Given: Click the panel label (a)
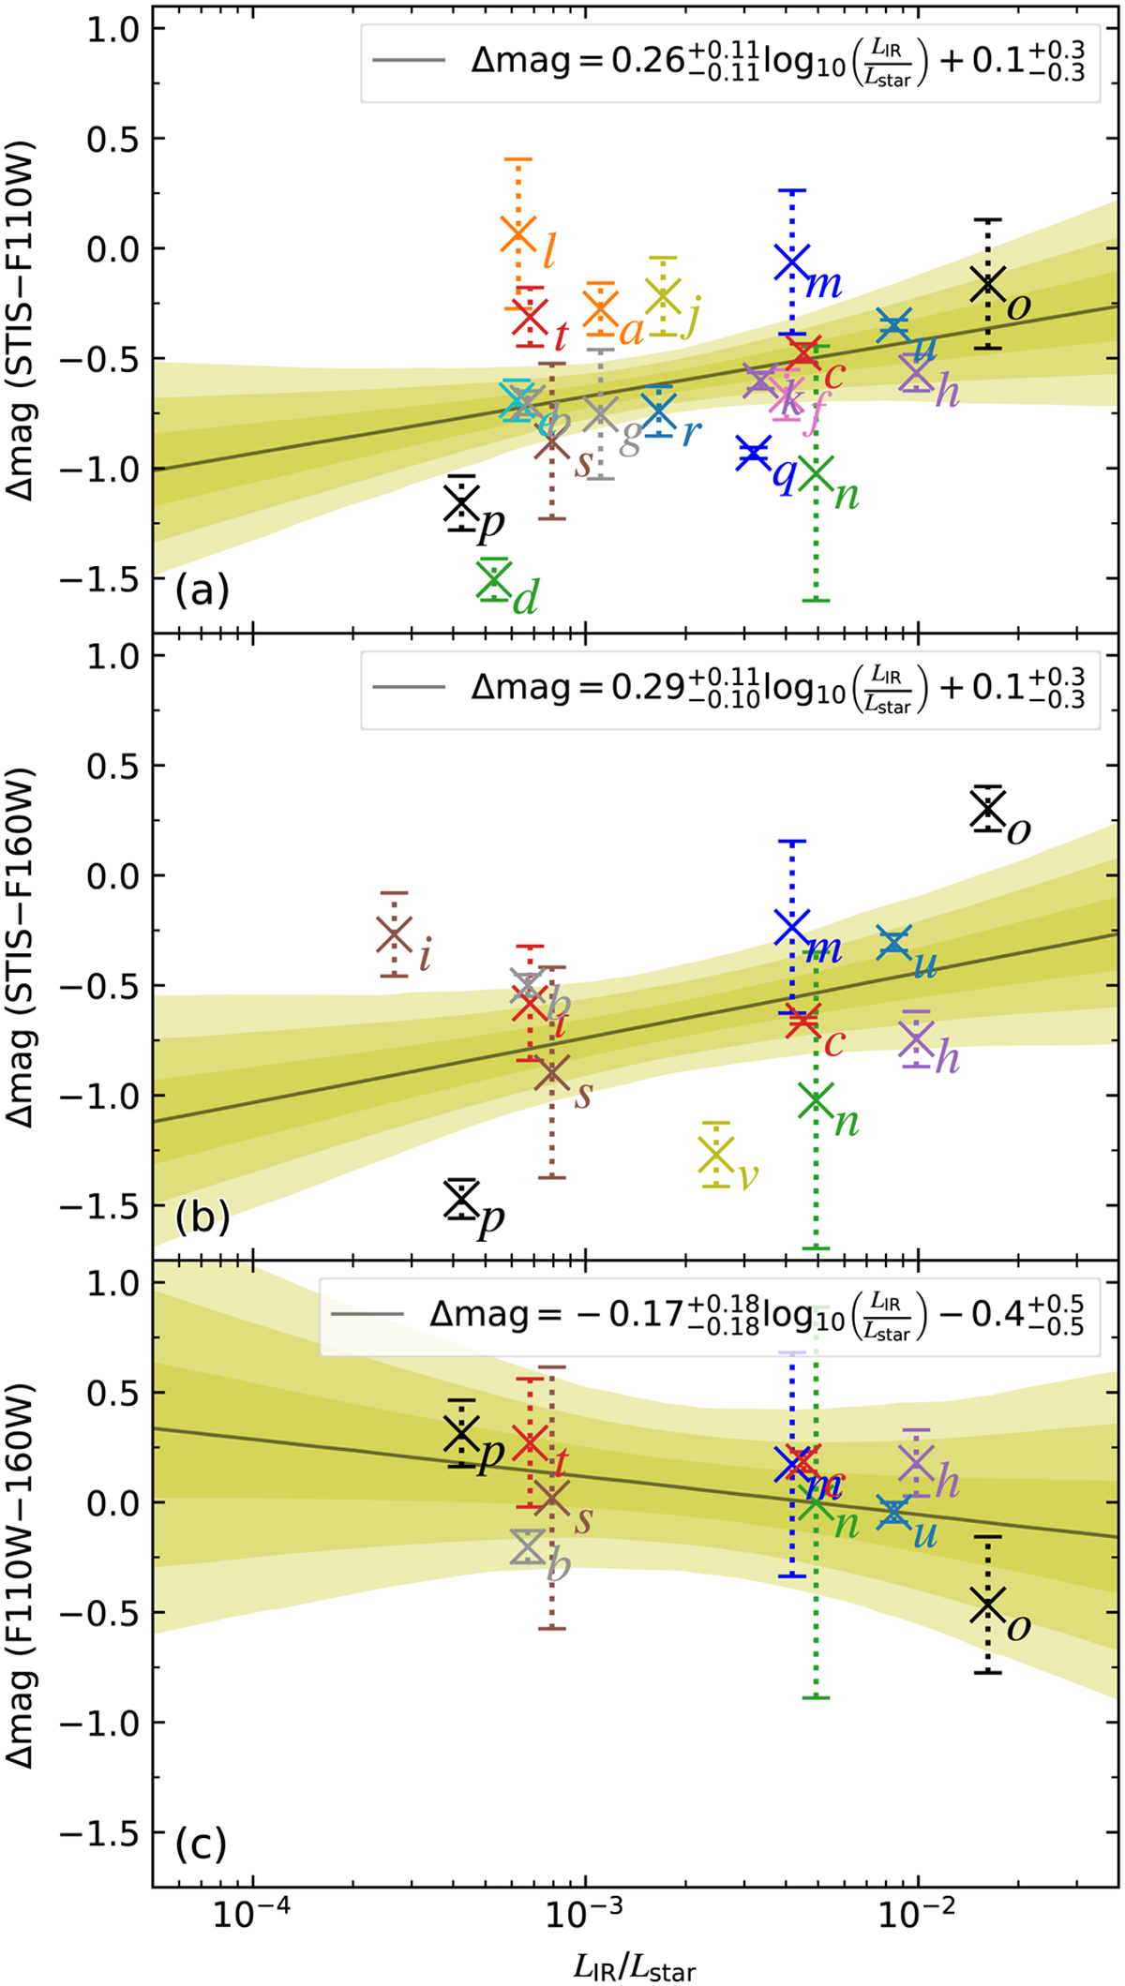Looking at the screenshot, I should tap(202, 590).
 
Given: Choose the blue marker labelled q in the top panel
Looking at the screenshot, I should tap(752, 453).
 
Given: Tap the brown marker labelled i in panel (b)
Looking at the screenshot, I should tap(395, 933).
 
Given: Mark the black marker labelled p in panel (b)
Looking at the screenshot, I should tap(461, 1198).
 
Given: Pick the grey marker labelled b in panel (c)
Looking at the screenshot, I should tap(528, 1546).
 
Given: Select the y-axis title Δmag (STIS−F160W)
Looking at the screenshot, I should tap(21, 947).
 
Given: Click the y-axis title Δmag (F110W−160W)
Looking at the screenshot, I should tap(21, 1574).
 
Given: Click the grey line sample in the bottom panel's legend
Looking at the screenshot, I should tap(367, 1314).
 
